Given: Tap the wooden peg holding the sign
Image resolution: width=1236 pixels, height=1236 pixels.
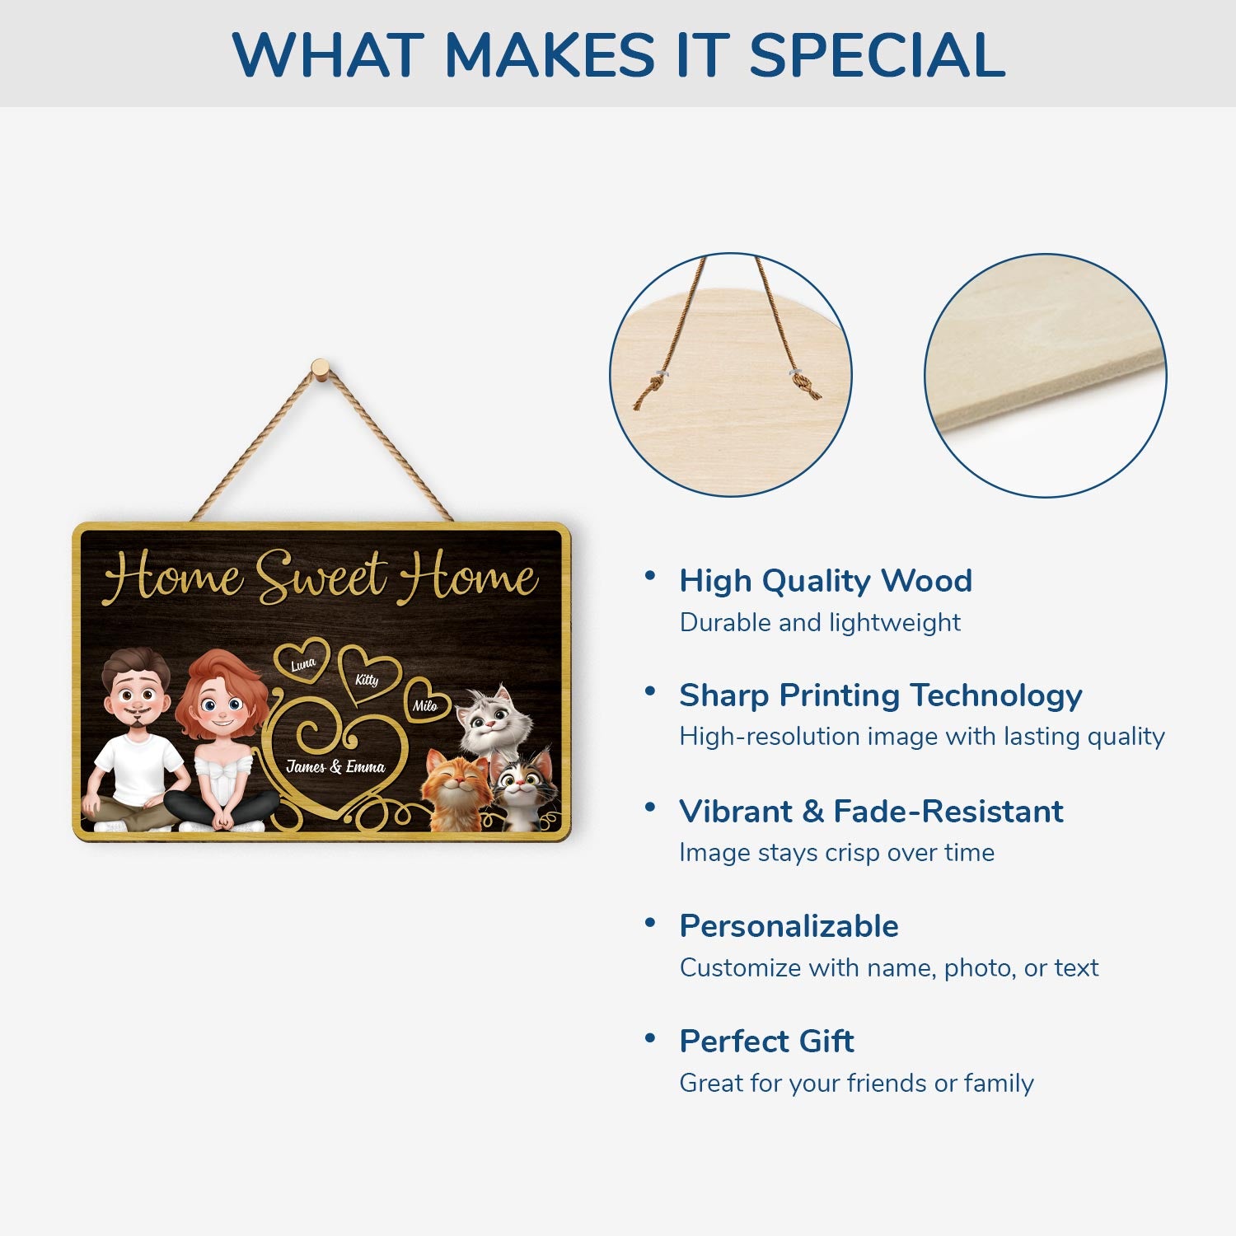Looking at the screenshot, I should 321,368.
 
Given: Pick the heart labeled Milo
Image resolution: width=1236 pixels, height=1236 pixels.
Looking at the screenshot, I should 426,705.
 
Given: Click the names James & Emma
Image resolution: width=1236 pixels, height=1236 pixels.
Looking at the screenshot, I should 335,767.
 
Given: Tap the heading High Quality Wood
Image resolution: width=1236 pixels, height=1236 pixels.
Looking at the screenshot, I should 826,581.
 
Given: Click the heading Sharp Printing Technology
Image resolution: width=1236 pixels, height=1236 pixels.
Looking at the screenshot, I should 880,695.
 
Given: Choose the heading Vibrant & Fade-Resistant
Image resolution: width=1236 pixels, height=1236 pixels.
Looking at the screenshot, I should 871,812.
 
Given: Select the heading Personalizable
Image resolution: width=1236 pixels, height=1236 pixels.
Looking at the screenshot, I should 789,926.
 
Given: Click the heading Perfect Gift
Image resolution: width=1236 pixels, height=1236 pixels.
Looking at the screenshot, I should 766,1042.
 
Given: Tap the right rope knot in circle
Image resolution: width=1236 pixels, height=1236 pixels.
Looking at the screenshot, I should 804,384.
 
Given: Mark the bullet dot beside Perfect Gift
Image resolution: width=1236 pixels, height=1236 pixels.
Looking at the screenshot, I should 650,1038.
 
